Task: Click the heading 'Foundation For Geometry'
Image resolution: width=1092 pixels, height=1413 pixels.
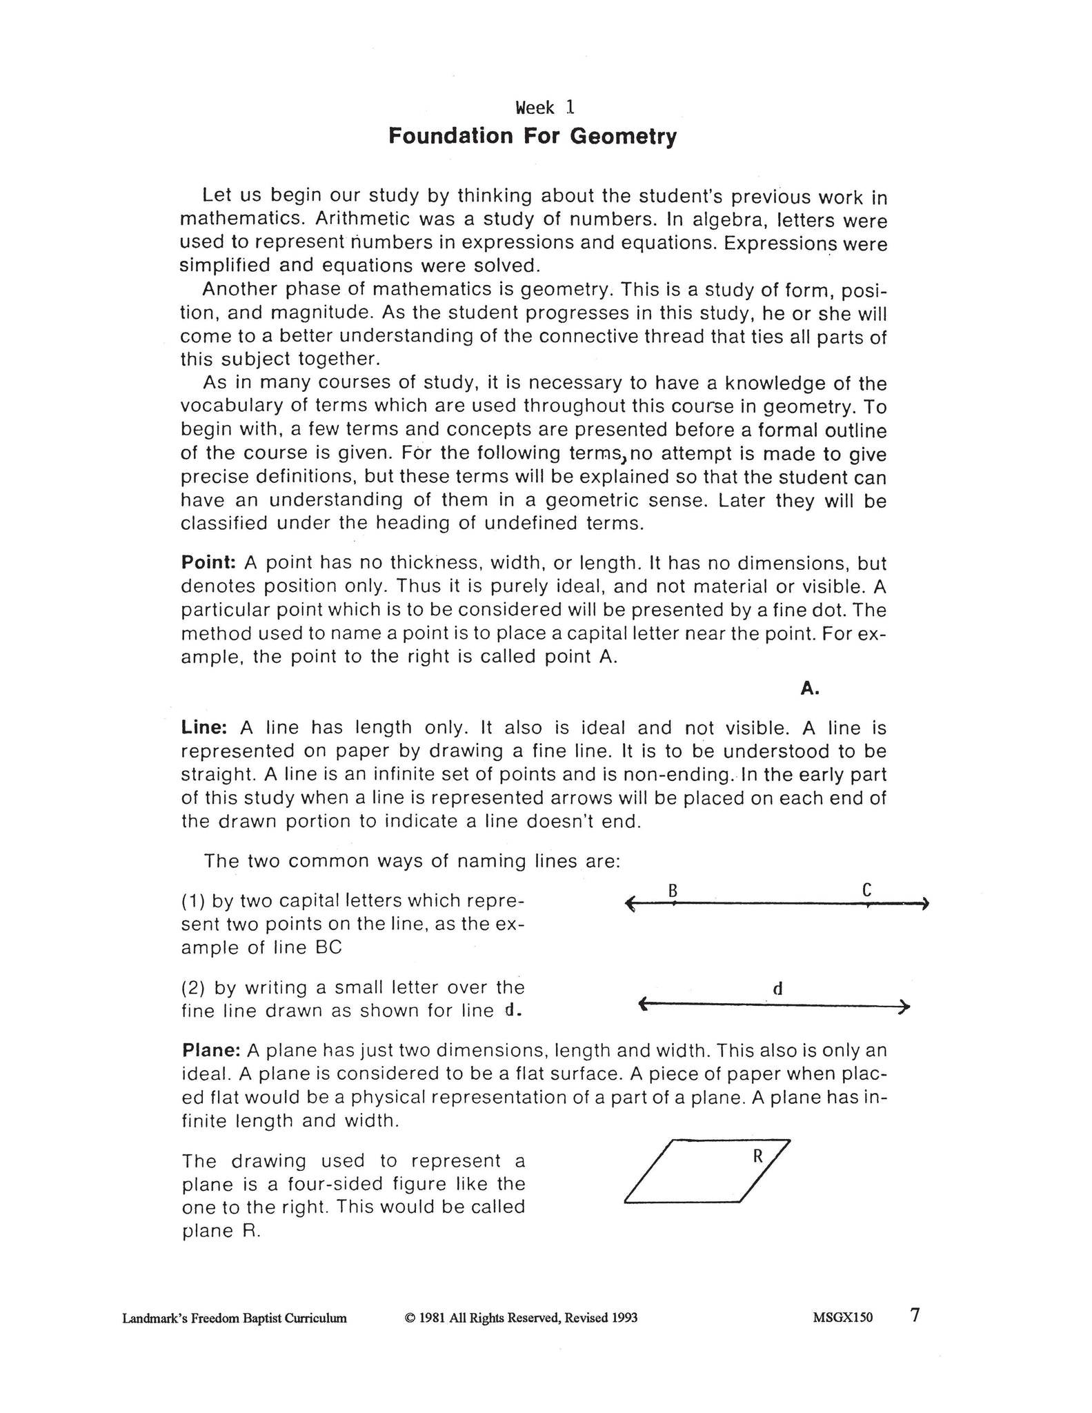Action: coord(532,136)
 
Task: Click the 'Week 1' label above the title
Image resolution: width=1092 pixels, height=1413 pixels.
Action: coord(544,108)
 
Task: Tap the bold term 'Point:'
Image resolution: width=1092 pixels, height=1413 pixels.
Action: coord(209,562)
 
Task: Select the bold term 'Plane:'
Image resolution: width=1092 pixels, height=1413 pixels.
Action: coord(211,1051)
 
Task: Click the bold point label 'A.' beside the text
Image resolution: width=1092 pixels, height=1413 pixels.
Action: coord(810,689)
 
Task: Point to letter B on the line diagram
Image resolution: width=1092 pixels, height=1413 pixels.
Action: coord(673,891)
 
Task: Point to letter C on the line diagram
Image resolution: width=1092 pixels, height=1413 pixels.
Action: coord(867,891)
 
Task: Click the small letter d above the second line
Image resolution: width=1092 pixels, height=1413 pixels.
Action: coord(777,989)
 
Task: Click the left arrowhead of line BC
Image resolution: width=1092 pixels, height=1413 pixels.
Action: coord(628,903)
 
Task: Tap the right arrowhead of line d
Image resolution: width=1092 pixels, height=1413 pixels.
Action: coord(906,1007)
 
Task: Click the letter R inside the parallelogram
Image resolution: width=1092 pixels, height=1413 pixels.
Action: coord(757,1157)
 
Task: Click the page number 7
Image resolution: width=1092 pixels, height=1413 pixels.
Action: coord(915,1316)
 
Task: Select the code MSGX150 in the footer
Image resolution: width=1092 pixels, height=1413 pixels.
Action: coord(842,1318)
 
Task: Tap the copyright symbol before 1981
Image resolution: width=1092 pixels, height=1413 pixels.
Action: coord(409,1318)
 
